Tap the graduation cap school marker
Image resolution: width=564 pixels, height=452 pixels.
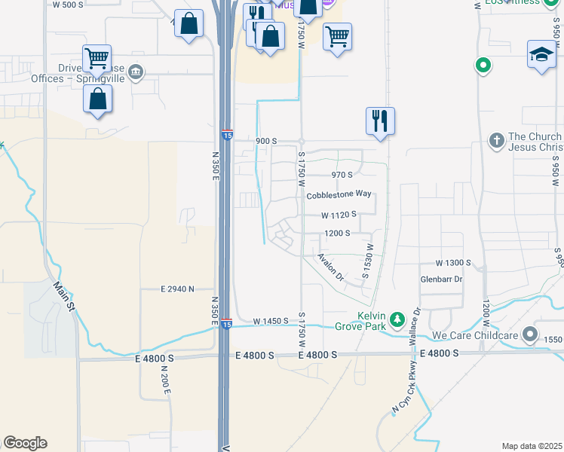click(541, 55)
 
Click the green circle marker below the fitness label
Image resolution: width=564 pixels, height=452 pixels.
click(483, 66)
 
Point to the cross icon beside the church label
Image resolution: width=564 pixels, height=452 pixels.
click(496, 140)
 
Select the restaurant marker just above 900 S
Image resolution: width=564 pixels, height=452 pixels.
click(380, 121)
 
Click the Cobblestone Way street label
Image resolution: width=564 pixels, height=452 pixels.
click(339, 194)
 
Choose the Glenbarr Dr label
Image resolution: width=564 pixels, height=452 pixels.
click(441, 279)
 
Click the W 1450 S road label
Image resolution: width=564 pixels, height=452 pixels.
click(271, 321)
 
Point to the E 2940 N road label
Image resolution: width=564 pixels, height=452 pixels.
click(177, 289)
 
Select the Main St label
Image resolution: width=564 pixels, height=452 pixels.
click(63, 296)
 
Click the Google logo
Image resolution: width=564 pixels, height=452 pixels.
click(25, 443)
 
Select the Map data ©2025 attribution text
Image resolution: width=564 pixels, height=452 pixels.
click(532, 446)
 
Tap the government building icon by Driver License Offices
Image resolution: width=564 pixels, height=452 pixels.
click(136, 72)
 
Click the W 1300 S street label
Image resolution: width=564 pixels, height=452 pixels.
click(453, 263)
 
